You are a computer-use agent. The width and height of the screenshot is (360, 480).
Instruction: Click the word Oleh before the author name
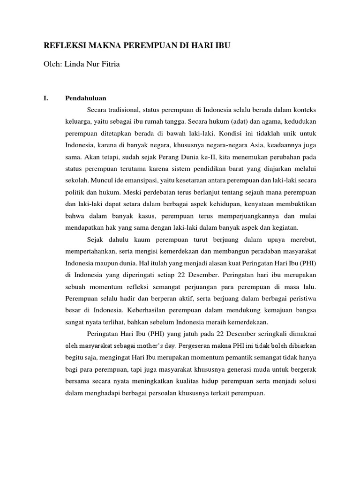pos(52,64)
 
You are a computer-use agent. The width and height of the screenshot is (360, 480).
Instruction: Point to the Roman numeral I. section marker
pos(46,98)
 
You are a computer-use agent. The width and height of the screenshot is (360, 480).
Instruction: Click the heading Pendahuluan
pos(86,98)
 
